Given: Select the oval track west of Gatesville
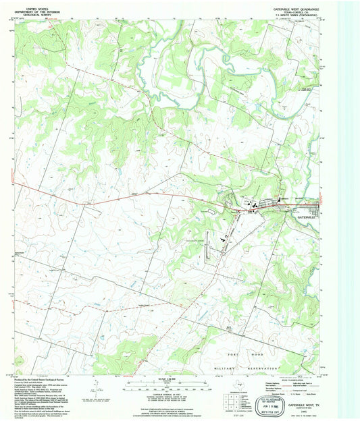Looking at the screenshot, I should pos(211,212).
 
